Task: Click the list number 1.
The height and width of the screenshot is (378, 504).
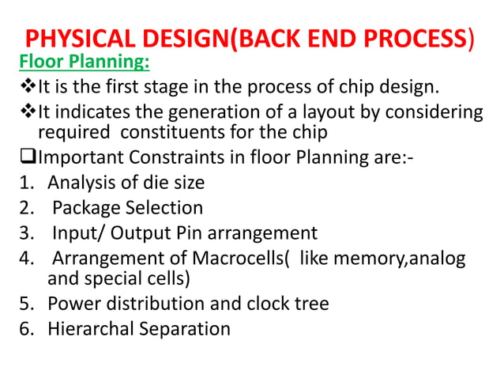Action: click(x=24, y=183)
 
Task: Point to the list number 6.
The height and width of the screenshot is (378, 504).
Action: click(x=24, y=328)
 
